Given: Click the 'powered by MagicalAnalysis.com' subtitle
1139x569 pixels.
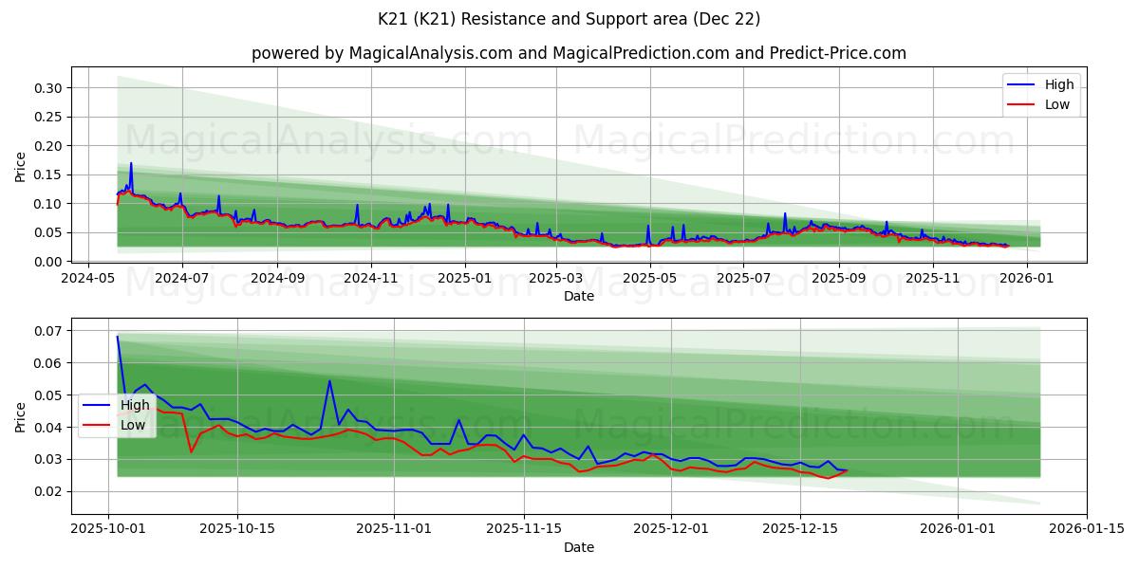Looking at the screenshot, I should (x=578, y=53).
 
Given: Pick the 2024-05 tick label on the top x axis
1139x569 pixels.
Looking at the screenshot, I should (x=88, y=279).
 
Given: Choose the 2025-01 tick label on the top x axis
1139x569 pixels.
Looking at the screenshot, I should (x=465, y=279).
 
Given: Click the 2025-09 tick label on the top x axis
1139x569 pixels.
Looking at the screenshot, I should (x=839, y=279).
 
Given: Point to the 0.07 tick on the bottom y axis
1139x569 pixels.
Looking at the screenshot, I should (x=47, y=331).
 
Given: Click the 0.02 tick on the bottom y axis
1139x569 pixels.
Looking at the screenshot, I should (x=47, y=491).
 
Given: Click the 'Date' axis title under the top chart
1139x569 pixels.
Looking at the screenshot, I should (x=578, y=296).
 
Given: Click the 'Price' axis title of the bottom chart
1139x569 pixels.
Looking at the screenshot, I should (x=21, y=416).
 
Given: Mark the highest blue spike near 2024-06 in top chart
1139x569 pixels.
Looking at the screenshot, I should (x=131, y=163).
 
